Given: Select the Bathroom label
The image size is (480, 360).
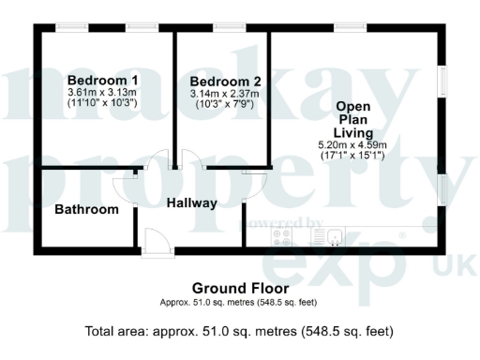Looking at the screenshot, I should pyautogui.click(x=86, y=209).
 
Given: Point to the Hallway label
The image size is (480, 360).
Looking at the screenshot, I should pyautogui.click(x=192, y=202).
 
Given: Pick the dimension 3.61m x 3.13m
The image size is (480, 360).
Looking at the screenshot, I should pyautogui.click(x=103, y=93).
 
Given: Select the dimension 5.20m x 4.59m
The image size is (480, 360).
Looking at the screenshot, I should pyautogui.click(x=359, y=144).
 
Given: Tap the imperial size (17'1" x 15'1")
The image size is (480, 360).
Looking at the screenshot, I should pyautogui.click(x=359, y=156).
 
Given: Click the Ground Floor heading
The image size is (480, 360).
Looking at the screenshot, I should pyautogui.click(x=240, y=288).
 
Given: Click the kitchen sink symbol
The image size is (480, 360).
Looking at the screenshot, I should pyautogui.click(x=321, y=237).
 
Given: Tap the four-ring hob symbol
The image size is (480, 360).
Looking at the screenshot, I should pyautogui.click(x=282, y=238).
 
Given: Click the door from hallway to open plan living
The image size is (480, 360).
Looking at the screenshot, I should pyautogui.click(x=250, y=184).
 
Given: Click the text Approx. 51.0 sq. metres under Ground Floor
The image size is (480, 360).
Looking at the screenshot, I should pyautogui.click(x=205, y=303).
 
